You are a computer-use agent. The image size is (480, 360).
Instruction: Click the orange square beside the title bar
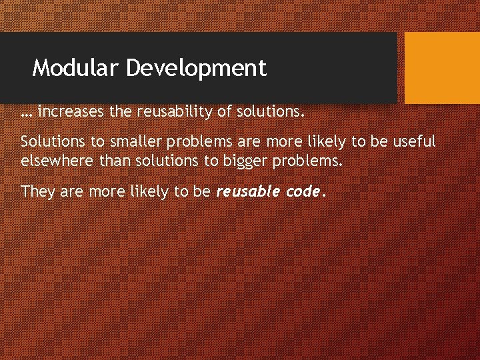(x=442, y=67)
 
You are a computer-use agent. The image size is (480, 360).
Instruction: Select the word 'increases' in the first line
(x=72, y=112)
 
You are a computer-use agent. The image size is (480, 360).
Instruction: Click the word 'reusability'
(x=175, y=113)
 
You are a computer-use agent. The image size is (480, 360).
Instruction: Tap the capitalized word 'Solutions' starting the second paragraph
(x=50, y=141)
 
